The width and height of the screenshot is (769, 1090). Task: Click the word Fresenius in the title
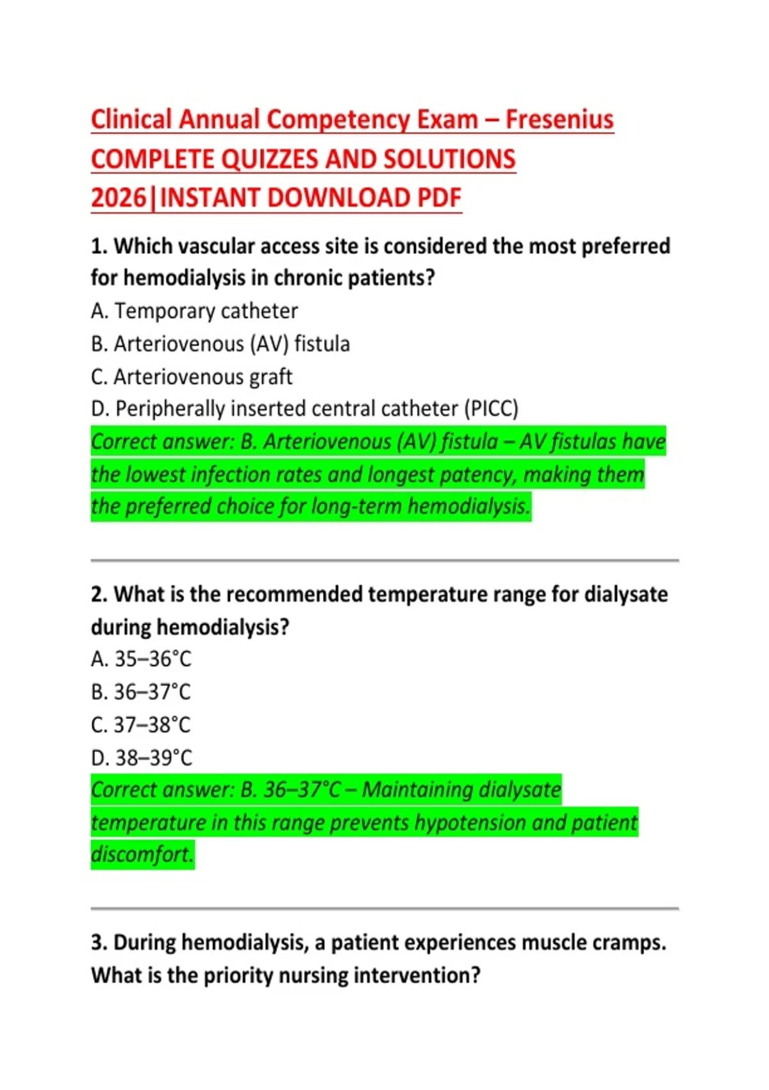coord(559,120)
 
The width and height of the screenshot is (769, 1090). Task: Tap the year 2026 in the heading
coord(119,198)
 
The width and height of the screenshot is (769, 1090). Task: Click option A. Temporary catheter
coord(194,311)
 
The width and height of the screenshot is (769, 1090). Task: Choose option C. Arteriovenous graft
coord(192,377)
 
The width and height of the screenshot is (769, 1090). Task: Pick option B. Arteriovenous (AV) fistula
coord(220,344)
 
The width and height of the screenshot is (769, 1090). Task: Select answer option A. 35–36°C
coord(141,659)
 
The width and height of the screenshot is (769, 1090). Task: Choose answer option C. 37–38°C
coord(141,725)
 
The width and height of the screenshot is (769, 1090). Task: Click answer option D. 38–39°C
coord(141,759)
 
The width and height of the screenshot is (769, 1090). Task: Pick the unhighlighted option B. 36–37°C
coord(141,692)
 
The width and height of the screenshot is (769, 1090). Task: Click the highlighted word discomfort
coord(142,855)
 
